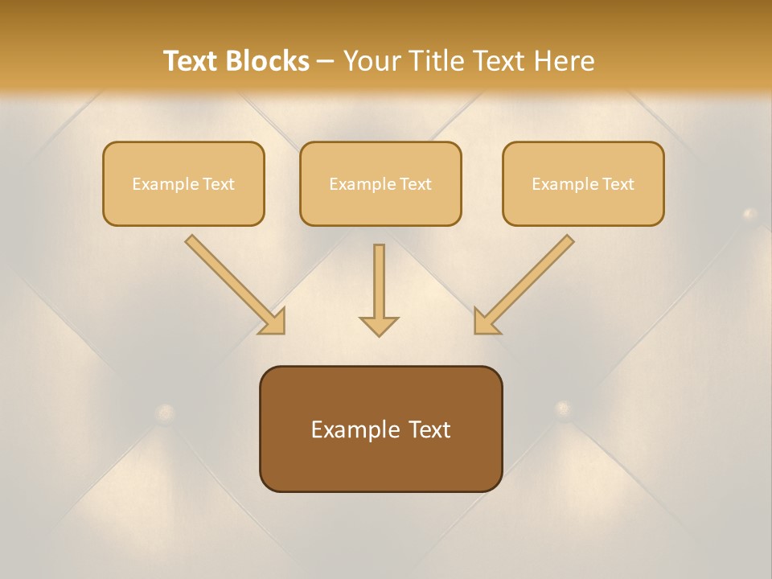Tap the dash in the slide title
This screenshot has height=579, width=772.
326,62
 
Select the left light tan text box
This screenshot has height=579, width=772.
183,183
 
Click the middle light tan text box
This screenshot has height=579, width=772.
380,183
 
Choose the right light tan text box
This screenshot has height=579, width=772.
583,183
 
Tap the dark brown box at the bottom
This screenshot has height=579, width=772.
380,429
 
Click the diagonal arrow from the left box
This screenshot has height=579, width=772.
235,284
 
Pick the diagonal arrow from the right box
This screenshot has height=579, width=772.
524,284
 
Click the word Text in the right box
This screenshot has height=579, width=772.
618,184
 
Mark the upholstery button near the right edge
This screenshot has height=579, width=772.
749,214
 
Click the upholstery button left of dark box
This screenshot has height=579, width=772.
165,413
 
